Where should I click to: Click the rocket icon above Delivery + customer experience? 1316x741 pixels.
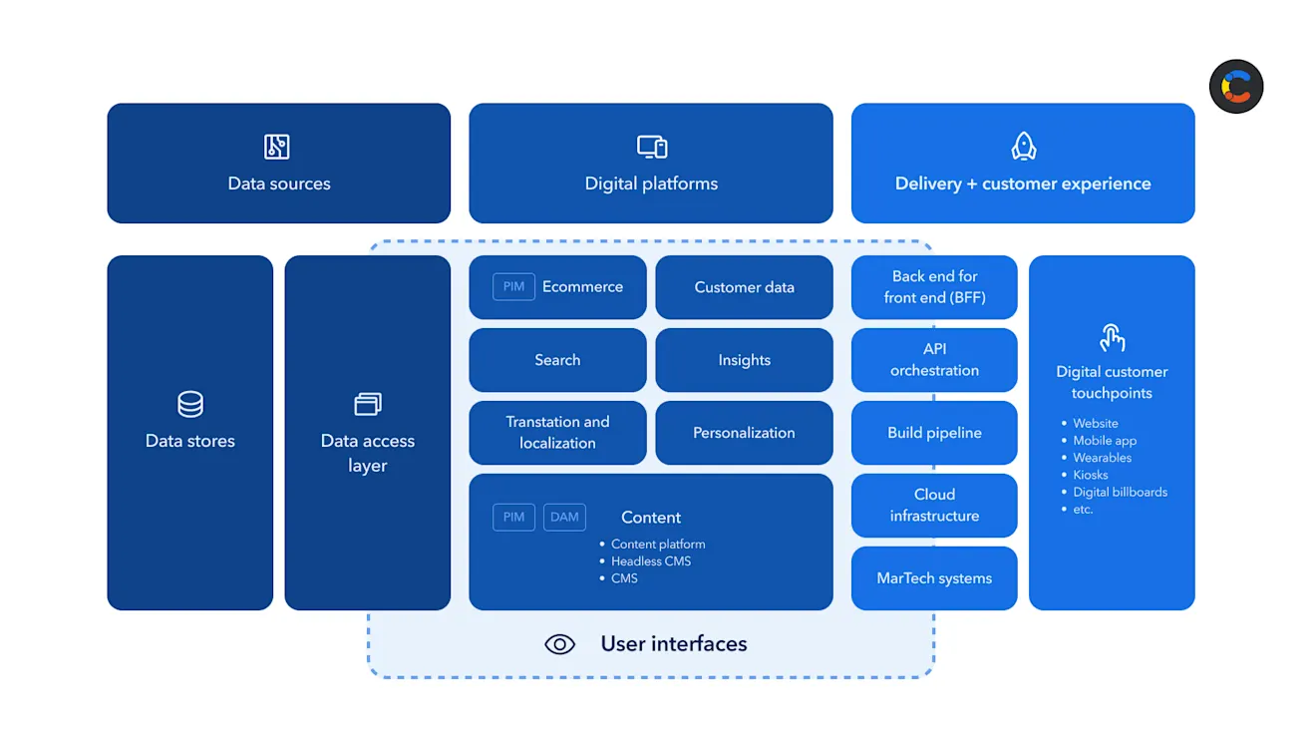tap(1023, 147)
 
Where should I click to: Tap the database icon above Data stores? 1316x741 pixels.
tap(189, 404)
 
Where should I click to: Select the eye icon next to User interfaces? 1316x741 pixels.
tap(560, 644)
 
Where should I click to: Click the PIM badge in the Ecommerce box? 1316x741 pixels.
tap(513, 287)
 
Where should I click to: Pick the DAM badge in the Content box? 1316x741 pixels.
tap(564, 517)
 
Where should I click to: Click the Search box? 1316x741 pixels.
tap(557, 360)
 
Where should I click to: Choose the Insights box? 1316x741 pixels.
tap(744, 360)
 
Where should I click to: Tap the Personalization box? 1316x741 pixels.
tap(744, 433)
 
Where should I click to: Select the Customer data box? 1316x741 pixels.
tap(744, 287)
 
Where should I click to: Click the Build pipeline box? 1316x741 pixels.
tap(934, 433)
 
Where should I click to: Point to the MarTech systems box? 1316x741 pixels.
tap(934, 578)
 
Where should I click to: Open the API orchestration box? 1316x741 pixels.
tap(934, 360)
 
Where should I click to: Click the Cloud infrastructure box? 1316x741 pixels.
tap(934, 506)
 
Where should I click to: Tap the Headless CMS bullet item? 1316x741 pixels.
tap(651, 561)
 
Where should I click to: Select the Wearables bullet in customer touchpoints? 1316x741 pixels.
tap(1102, 458)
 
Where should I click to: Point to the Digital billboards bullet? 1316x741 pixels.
tap(1120, 492)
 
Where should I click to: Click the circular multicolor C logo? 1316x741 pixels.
tap(1236, 87)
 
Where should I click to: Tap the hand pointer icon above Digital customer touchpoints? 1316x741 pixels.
tap(1112, 338)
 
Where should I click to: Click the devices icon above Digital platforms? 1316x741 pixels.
tap(652, 147)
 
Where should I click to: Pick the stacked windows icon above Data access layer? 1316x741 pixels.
tap(367, 404)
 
